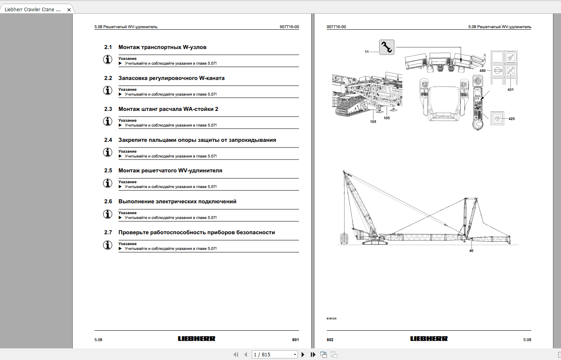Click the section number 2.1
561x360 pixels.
coord(108,47)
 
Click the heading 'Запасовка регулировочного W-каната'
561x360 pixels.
coord(171,78)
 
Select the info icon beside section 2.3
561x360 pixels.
coord(108,121)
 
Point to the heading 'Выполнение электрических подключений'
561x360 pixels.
coord(177,201)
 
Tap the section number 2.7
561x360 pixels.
coord(108,232)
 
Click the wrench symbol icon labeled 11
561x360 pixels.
coord(387,47)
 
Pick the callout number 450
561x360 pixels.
coord(482,70)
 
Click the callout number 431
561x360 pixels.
coord(510,89)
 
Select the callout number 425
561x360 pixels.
coord(511,119)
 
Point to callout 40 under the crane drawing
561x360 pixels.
coord(471,251)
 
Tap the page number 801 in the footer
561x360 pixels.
coord(295,340)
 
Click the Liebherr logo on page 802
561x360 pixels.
coord(428,339)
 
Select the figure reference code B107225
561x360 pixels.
coord(331,319)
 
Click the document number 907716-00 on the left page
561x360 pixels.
coord(289,27)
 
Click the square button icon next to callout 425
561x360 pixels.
coord(497,119)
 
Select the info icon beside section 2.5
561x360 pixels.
coord(108,183)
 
